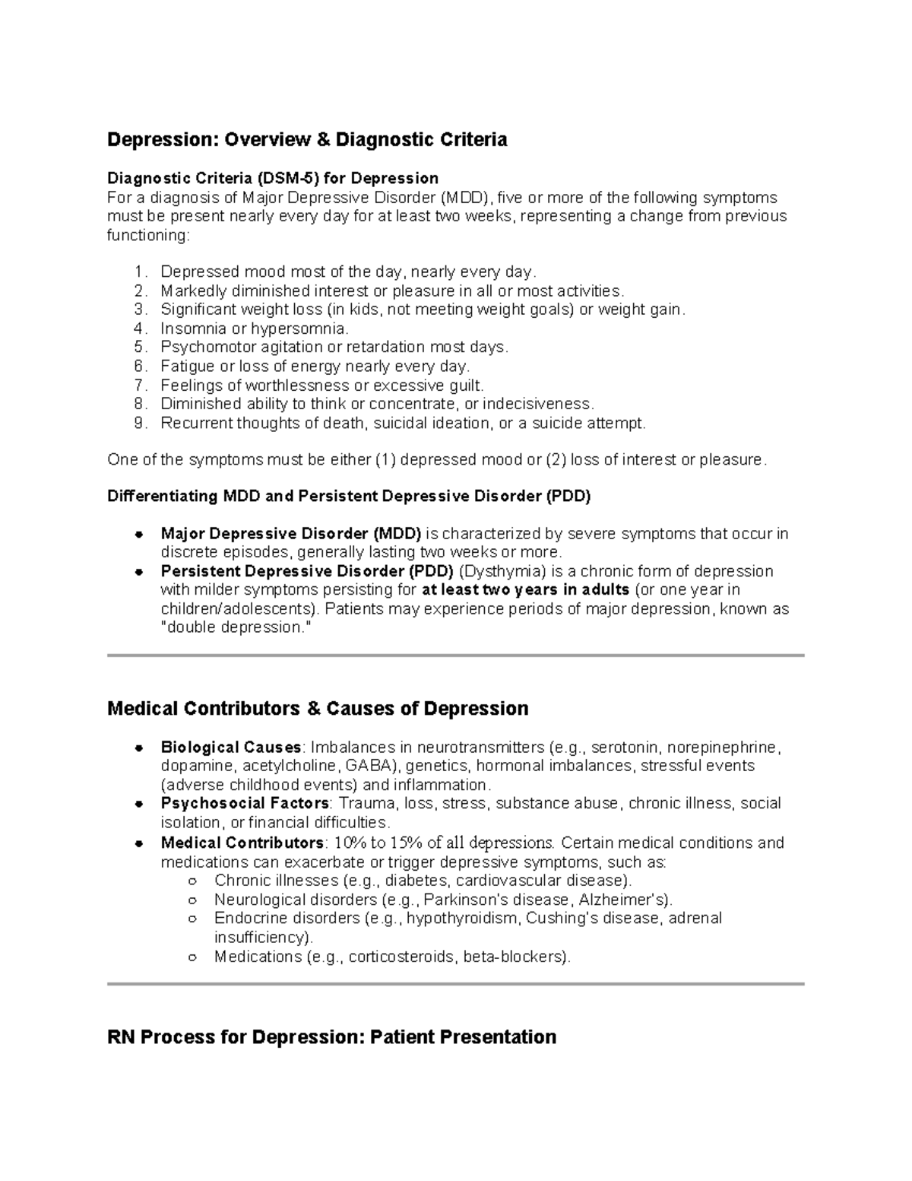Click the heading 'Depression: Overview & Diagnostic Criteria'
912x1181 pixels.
(x=307, y=140)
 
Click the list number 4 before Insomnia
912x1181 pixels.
(x=138, y=329)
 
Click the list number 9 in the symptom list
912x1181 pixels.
(x=138, y=423)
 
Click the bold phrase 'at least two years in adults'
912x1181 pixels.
(x=525, y=590)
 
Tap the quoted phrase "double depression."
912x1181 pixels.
(x=236, y=628)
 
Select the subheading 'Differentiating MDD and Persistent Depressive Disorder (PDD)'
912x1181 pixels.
(x=349, y=497)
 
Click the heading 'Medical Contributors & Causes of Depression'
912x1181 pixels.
(x=318, y=709)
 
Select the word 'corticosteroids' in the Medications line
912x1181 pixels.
(x=402, y=957)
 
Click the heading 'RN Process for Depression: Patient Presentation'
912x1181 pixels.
(x=331, y=1037)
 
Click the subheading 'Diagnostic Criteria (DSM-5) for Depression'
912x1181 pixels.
(x=273, y=178)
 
